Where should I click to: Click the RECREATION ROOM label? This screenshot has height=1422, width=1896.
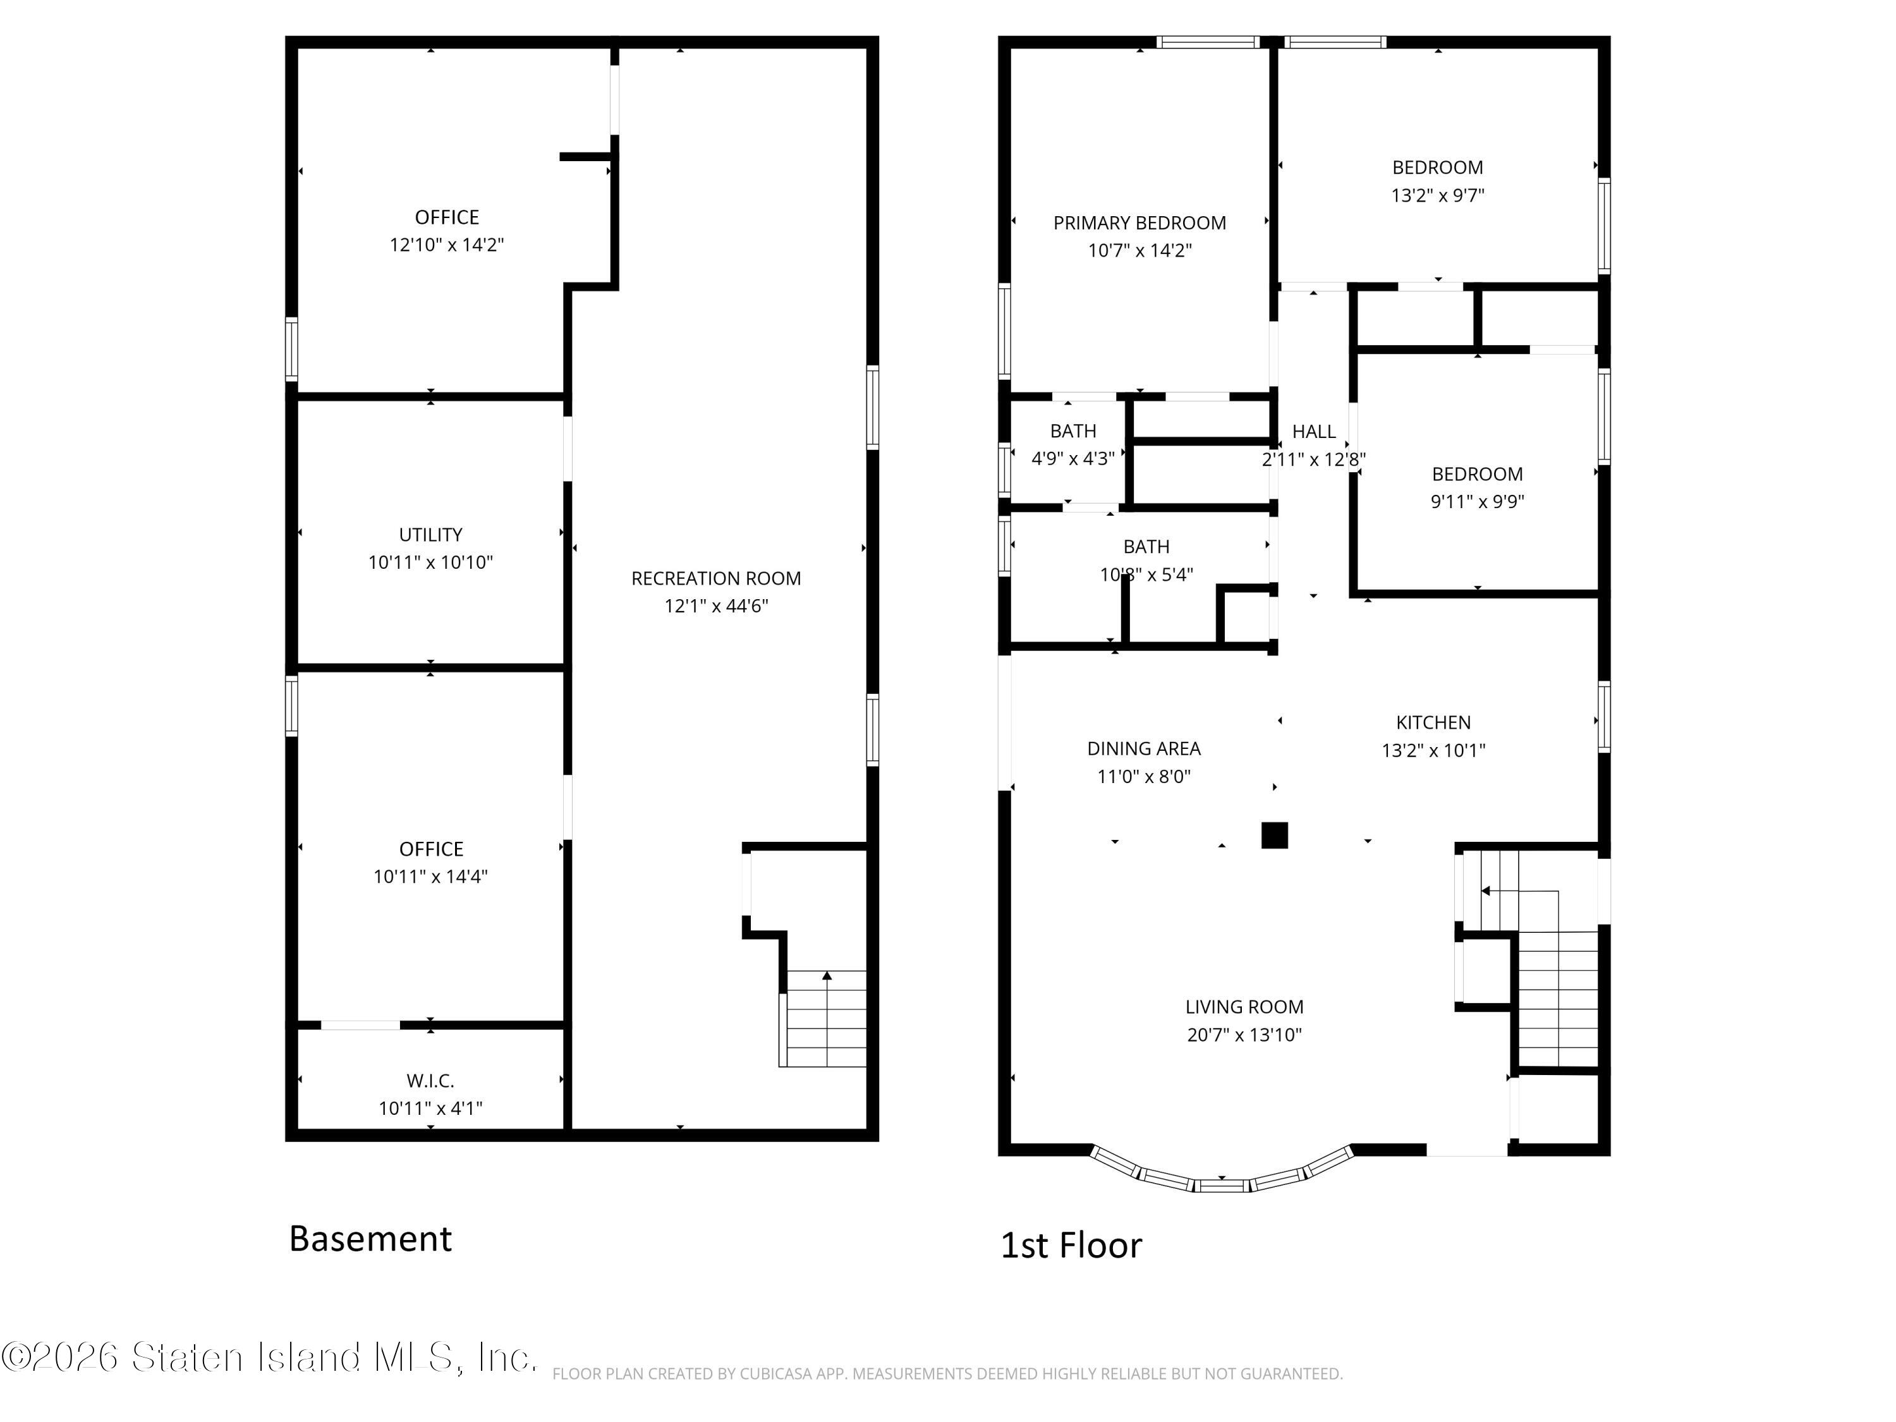[715, 578]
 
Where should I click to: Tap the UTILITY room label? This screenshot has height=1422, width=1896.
[430, 535]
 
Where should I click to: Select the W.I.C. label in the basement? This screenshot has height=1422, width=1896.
[430, 1081]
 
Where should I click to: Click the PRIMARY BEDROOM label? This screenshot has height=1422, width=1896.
[1139, 223]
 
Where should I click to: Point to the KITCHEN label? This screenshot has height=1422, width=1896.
[1433, 722]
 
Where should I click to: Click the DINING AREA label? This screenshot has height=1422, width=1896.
[1143, 748]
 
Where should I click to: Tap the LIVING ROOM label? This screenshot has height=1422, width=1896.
[1244, 1007]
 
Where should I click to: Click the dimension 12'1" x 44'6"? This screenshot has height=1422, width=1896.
[715, 606]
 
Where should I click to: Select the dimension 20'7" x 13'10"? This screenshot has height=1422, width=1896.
[1244, 1035]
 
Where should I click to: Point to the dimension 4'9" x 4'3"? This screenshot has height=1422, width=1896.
[1073, 459]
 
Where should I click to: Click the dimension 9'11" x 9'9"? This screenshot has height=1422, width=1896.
[1477, 501]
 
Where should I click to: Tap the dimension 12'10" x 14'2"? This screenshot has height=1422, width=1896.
[447, 245]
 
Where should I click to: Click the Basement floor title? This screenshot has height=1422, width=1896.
[370, 1239]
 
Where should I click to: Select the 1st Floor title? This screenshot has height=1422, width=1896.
[1071, 1246]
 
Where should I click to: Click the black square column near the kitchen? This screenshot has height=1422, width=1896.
[1275, 835]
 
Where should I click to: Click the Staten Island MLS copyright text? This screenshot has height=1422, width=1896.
[269, 1357]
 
